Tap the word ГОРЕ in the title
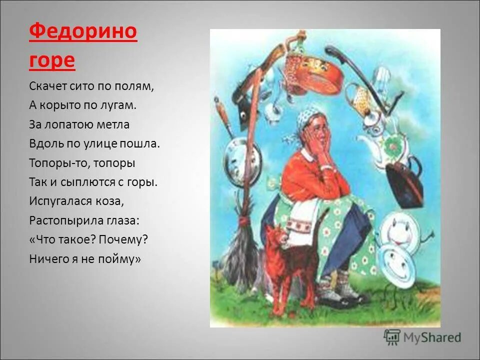(x=52, y=60)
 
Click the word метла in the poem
(x=114, y=124)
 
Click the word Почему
(x=123, y=239)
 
